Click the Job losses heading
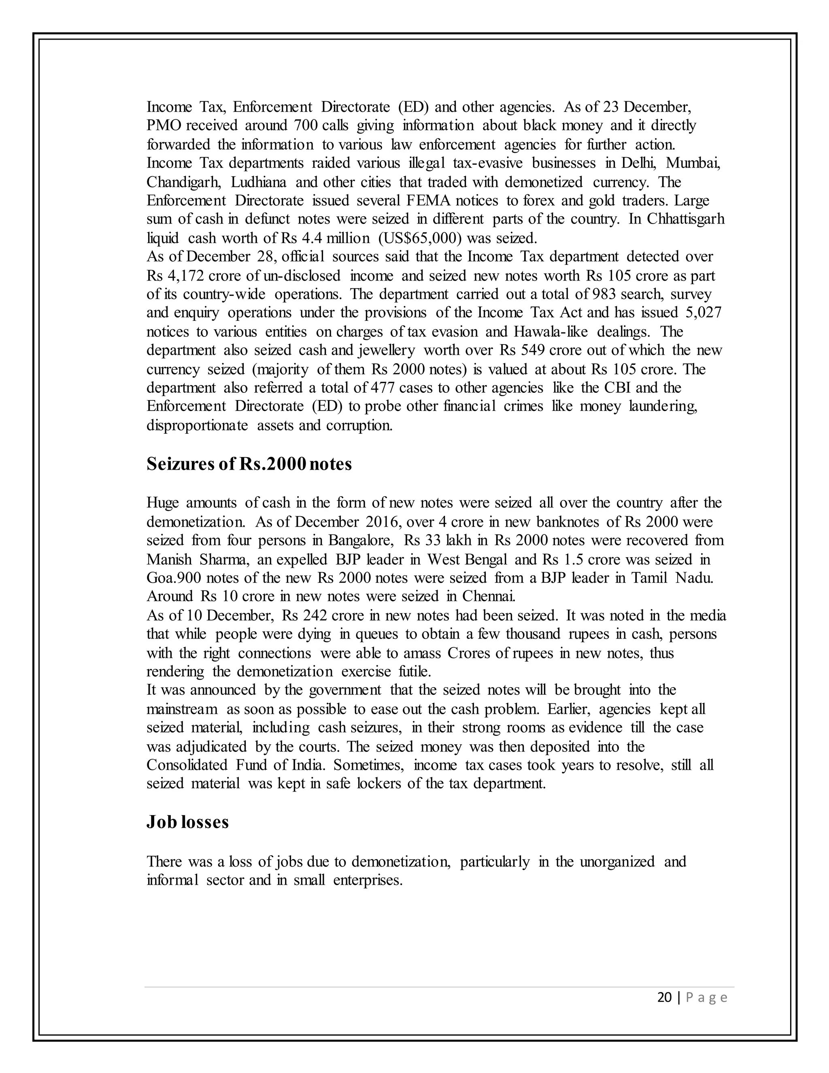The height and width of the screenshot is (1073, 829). pyautogui.click(x=187, y=822)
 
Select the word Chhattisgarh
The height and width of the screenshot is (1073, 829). pyautogui.click(x=686, y=219)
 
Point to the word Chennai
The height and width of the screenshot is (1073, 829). pyautogui.click(x=488, y=596)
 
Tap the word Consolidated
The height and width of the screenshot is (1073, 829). pyautogui.click(x=187, y=765)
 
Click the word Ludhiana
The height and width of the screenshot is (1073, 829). pyautogui.click(x=258, y=182)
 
